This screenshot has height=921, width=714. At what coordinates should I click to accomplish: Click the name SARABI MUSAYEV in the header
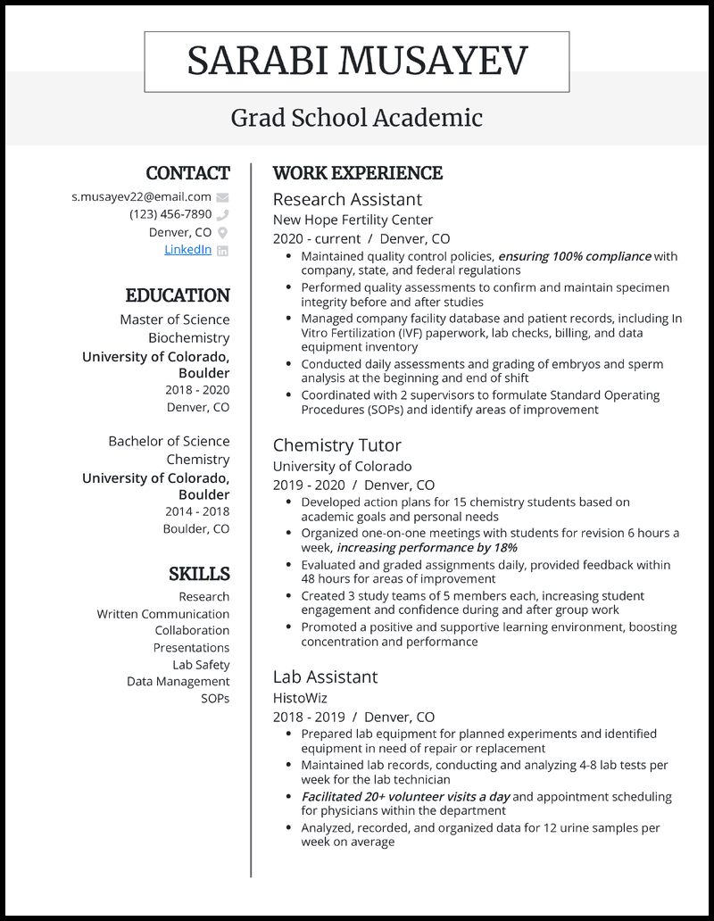click(357, 61)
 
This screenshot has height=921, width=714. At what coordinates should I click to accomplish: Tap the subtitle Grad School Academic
click(357, 117)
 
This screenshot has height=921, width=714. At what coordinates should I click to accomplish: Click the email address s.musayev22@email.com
click(141, 196)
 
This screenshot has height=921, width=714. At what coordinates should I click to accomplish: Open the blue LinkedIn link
click(187, 250)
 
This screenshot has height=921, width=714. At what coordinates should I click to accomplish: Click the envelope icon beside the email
click(222, 197)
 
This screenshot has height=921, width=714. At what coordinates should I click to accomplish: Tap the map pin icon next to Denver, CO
click(222, 233)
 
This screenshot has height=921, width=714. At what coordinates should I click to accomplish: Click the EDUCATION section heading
click(178, 295)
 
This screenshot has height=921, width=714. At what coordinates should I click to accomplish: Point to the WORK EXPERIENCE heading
click(357, 173)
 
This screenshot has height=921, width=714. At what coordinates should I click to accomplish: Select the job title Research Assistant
click(347, 199)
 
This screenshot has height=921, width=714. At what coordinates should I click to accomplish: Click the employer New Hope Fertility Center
click(353, 220)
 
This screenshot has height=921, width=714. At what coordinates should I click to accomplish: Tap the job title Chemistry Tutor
click(336, 445)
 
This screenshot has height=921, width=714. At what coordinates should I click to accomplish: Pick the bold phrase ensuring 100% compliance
click(574, 256)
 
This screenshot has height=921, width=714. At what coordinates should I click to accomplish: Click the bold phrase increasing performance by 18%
click(427, 547)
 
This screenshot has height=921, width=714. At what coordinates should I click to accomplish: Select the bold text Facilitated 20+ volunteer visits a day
click(405, 796)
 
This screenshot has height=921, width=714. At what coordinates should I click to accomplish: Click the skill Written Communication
click(163, 614)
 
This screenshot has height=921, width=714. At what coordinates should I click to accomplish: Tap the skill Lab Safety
click(201, 665)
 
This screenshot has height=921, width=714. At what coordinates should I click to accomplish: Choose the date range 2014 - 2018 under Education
click(196, 511)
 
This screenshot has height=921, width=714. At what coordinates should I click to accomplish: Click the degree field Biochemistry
click(188, 338)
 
